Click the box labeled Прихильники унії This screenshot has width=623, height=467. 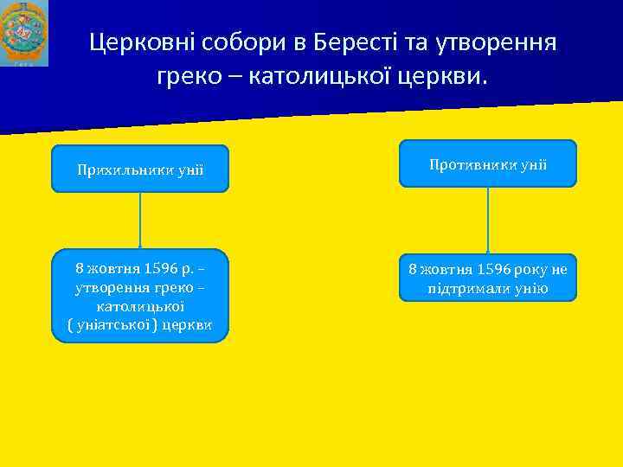pyautogui.click(x=140, y=169)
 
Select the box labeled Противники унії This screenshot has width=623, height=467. pyautogui.click(x=487, y=163)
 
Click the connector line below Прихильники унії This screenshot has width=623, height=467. pyautogui.click(x=140, y=221)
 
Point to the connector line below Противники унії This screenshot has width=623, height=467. pyautogui.click(x=488, y=221)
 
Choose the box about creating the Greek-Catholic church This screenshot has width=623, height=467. pyautogui.click(x=140, y=296)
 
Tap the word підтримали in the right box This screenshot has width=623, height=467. pyautogui.click(x=471, y=287)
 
